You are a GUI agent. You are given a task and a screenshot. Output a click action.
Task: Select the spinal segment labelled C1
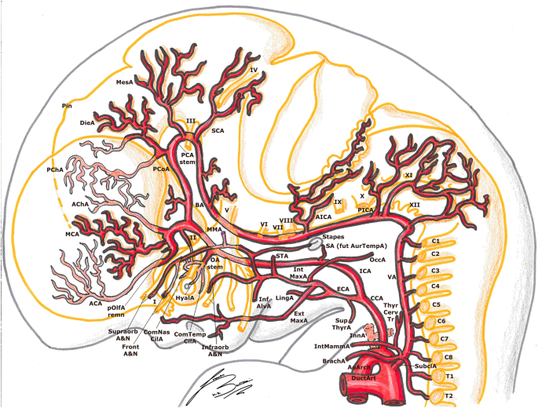point(438,239)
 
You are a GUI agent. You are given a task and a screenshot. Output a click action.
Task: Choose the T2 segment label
point(449,396)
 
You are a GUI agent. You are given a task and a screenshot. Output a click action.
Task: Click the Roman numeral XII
point(415,204)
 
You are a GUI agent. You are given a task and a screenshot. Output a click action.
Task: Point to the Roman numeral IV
point(254,69)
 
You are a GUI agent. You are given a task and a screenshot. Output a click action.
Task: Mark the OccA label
point(378,259)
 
